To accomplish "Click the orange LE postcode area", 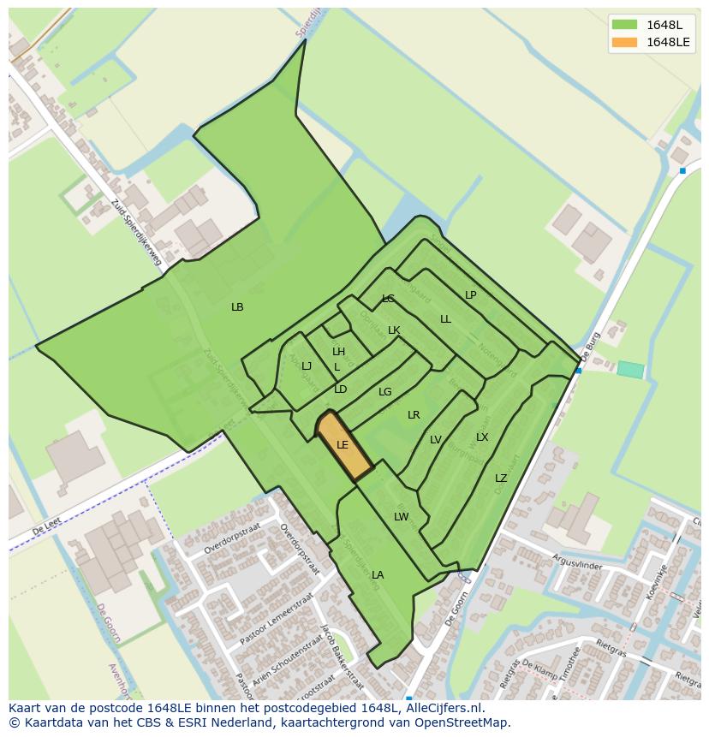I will [343, 445].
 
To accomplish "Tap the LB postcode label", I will [237, 306].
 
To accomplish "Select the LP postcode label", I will [470, 295].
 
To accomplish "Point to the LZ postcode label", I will [501, 478].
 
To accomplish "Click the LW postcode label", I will [401, 517].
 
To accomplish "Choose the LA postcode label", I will [378, 575].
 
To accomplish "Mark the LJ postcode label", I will [307, 366].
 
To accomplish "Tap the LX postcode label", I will [482, 437].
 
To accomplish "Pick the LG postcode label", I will [385, 392].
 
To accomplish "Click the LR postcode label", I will [414, 415].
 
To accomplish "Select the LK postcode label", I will [394, 330].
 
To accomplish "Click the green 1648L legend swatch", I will [625, 24].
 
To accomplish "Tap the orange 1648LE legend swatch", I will [625, 42].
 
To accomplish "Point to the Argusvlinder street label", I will [578, 566].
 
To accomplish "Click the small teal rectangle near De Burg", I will [630, 370].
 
